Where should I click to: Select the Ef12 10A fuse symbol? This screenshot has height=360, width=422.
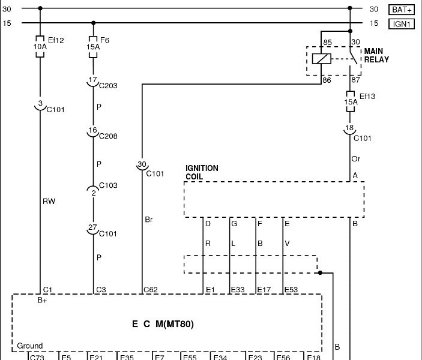(40, 46)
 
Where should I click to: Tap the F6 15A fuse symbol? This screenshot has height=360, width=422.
(92, 46)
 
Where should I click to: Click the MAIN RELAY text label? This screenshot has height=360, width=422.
(376, 55)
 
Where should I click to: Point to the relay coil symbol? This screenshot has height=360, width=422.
(321, 58)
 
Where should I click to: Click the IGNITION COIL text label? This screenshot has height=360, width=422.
(202, 173)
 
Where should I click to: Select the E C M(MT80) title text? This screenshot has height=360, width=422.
(163, 324)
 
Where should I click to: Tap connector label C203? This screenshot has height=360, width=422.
(108, 86)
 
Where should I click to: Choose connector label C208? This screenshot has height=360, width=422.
(108, 136)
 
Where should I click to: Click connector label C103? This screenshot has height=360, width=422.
(108, 186)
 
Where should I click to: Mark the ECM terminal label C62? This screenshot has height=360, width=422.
(150, 290)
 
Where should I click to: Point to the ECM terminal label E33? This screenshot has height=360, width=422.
(238, 290)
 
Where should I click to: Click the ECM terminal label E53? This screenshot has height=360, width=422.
(291, 290)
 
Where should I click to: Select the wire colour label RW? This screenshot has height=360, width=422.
(49, 202)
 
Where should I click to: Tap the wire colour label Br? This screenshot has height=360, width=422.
(149, 220)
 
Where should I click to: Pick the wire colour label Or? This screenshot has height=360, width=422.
(356, 159)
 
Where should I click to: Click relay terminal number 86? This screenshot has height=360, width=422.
(327, 79)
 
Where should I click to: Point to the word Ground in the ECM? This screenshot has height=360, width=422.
(29, 346)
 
